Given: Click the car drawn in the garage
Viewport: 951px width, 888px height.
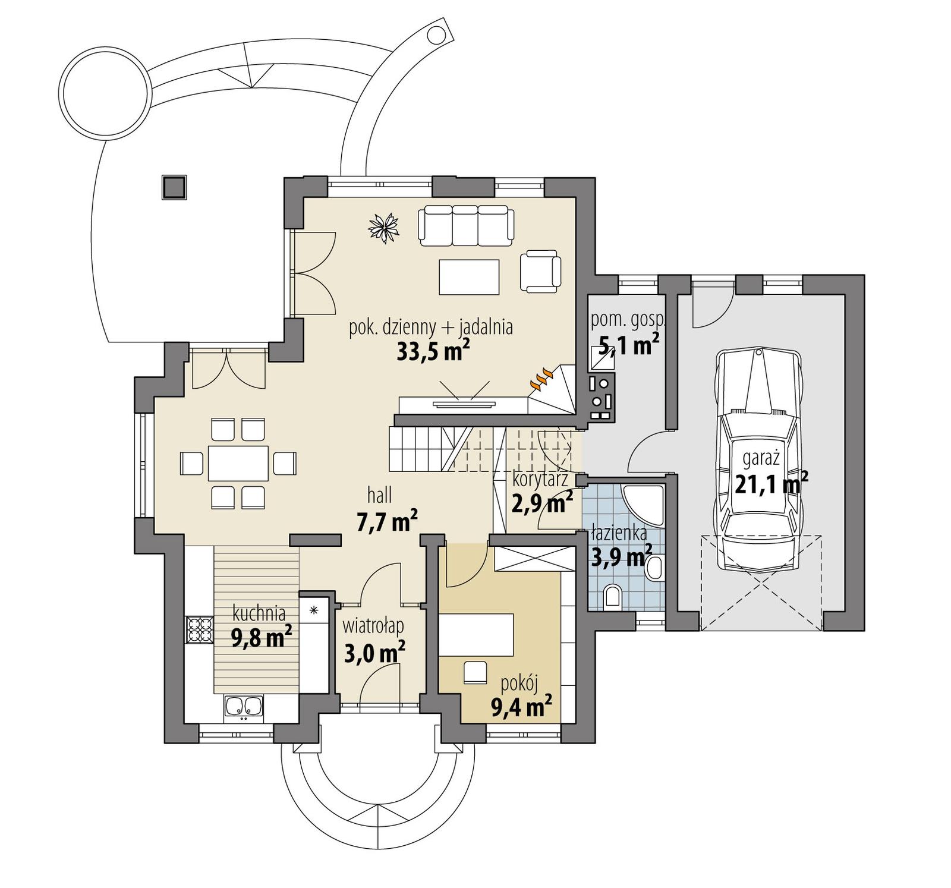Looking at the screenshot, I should (760, 464).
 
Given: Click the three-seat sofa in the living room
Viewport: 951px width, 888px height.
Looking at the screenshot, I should (466, 225).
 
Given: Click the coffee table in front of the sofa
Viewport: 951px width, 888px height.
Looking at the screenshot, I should (469, 276).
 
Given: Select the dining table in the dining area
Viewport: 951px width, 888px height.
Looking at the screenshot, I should (238, 463).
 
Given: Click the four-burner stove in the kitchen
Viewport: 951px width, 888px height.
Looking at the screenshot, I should (200, 631).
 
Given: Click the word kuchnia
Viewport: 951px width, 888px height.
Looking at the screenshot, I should (259, 613).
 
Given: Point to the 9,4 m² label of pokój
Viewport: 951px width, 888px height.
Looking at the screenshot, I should (521, 707).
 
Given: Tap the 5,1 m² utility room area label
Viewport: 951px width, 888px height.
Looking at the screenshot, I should (629, 345).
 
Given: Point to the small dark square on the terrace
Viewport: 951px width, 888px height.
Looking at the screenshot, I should (174, 187).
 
